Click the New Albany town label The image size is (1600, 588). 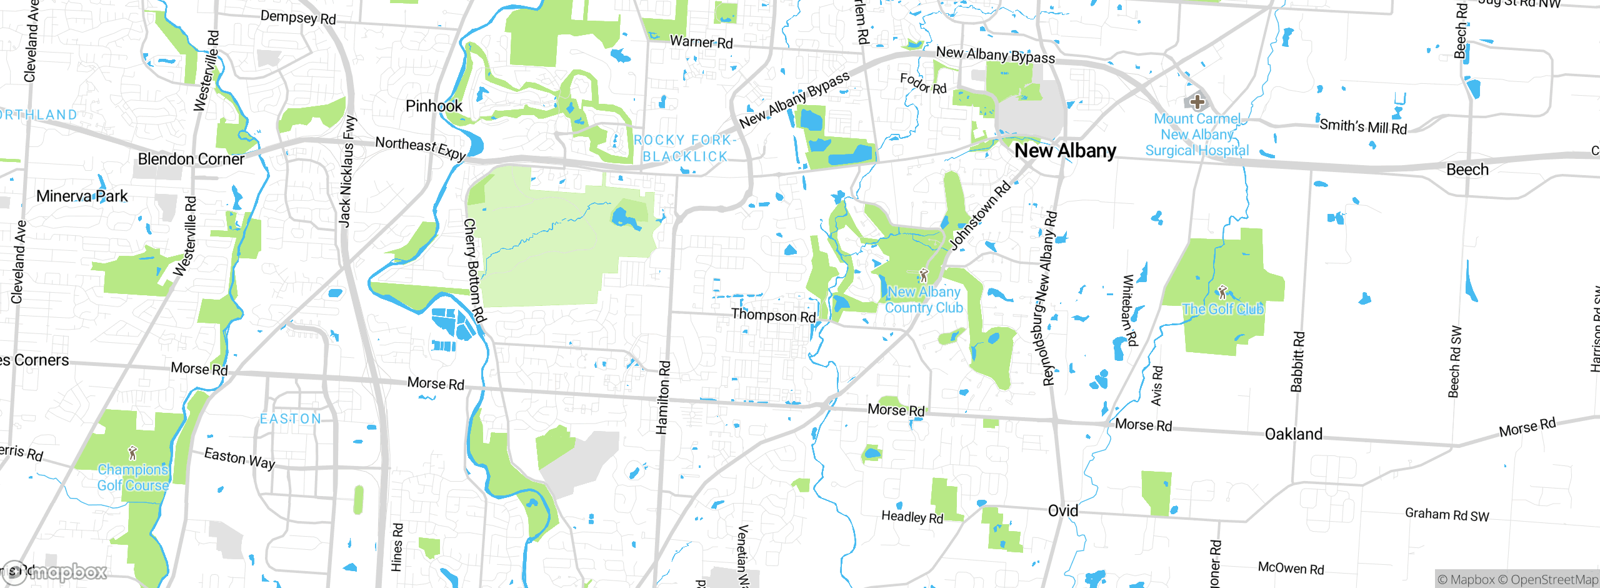click(x=1065, y=151)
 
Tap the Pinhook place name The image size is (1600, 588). click(x=434, y=106)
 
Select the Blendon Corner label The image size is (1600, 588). click(x=191, y=159)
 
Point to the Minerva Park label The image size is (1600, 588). click(x=82, y=196)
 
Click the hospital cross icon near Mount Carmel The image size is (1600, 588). click(x=1197, y=101)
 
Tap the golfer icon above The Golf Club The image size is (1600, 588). click(x=1222, y=291)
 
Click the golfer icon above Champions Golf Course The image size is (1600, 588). click(x=132, y=452)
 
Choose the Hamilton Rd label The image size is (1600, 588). click(x=662, y=397)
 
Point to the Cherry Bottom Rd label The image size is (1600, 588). click(x=474, y=270)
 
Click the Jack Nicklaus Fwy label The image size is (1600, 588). click(x=347, y=170)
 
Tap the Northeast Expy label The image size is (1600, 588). click(x=421, y=148)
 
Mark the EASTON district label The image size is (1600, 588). click(x=291, y=418)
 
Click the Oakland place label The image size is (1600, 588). click(x=1293, y=434)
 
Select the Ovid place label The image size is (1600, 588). click(x=1062, y=511)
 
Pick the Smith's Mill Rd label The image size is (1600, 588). click(x=1362, y=126)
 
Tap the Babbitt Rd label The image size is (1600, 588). click(x=1298, y=362)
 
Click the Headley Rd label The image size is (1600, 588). click(x=912, y=517)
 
